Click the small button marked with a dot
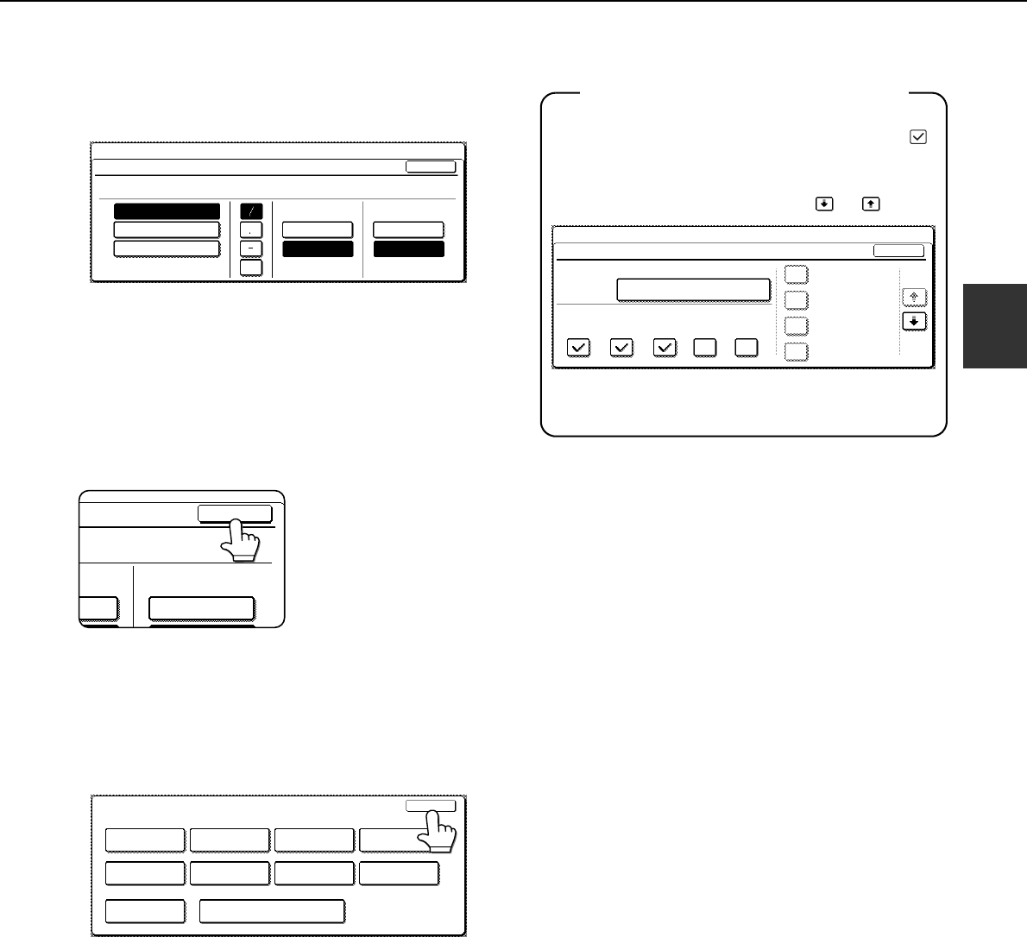pos(251,230)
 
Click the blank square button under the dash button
pos(251,267)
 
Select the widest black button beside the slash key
pos(167,212)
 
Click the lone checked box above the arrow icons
pos(918,136)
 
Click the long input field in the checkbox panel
pos(693,289)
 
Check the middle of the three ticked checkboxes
pos(621,348)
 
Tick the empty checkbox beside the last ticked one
pos(704,348)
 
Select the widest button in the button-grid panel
pos(272,911)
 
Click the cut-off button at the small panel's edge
pos(98,608)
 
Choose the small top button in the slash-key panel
pos(431,167)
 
